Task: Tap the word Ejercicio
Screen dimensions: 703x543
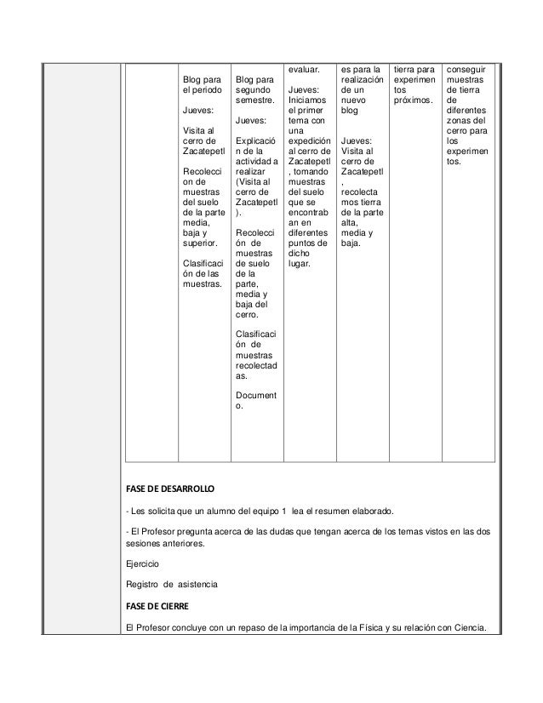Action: coord(141,563)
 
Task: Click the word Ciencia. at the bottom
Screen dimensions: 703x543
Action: coord(465,629)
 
